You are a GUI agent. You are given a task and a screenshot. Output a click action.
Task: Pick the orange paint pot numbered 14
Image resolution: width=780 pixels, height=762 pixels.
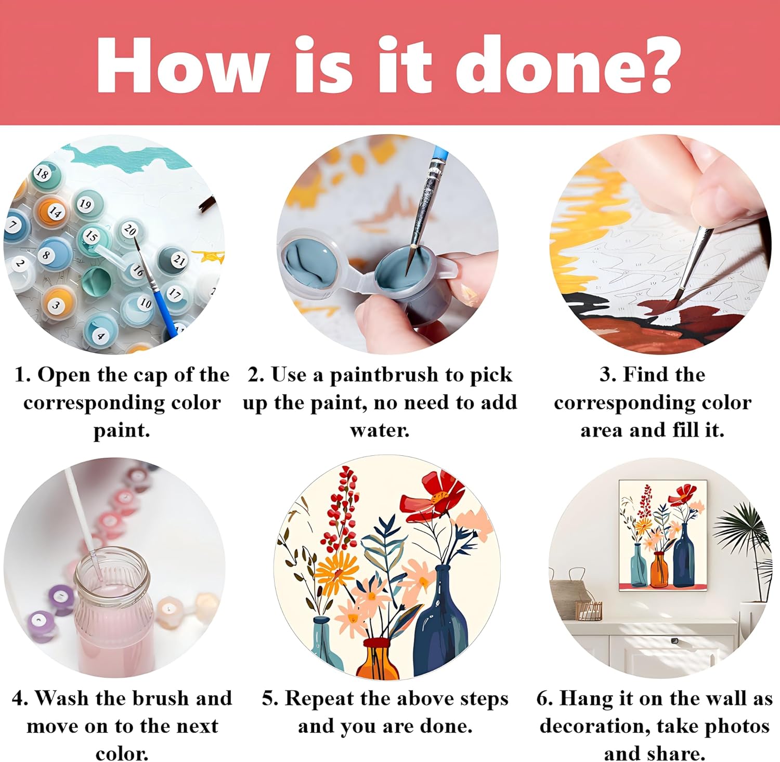54,212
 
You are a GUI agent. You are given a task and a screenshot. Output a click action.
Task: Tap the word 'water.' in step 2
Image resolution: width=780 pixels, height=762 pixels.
380,430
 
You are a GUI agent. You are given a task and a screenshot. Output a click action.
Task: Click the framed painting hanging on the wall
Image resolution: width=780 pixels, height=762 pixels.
662,535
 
